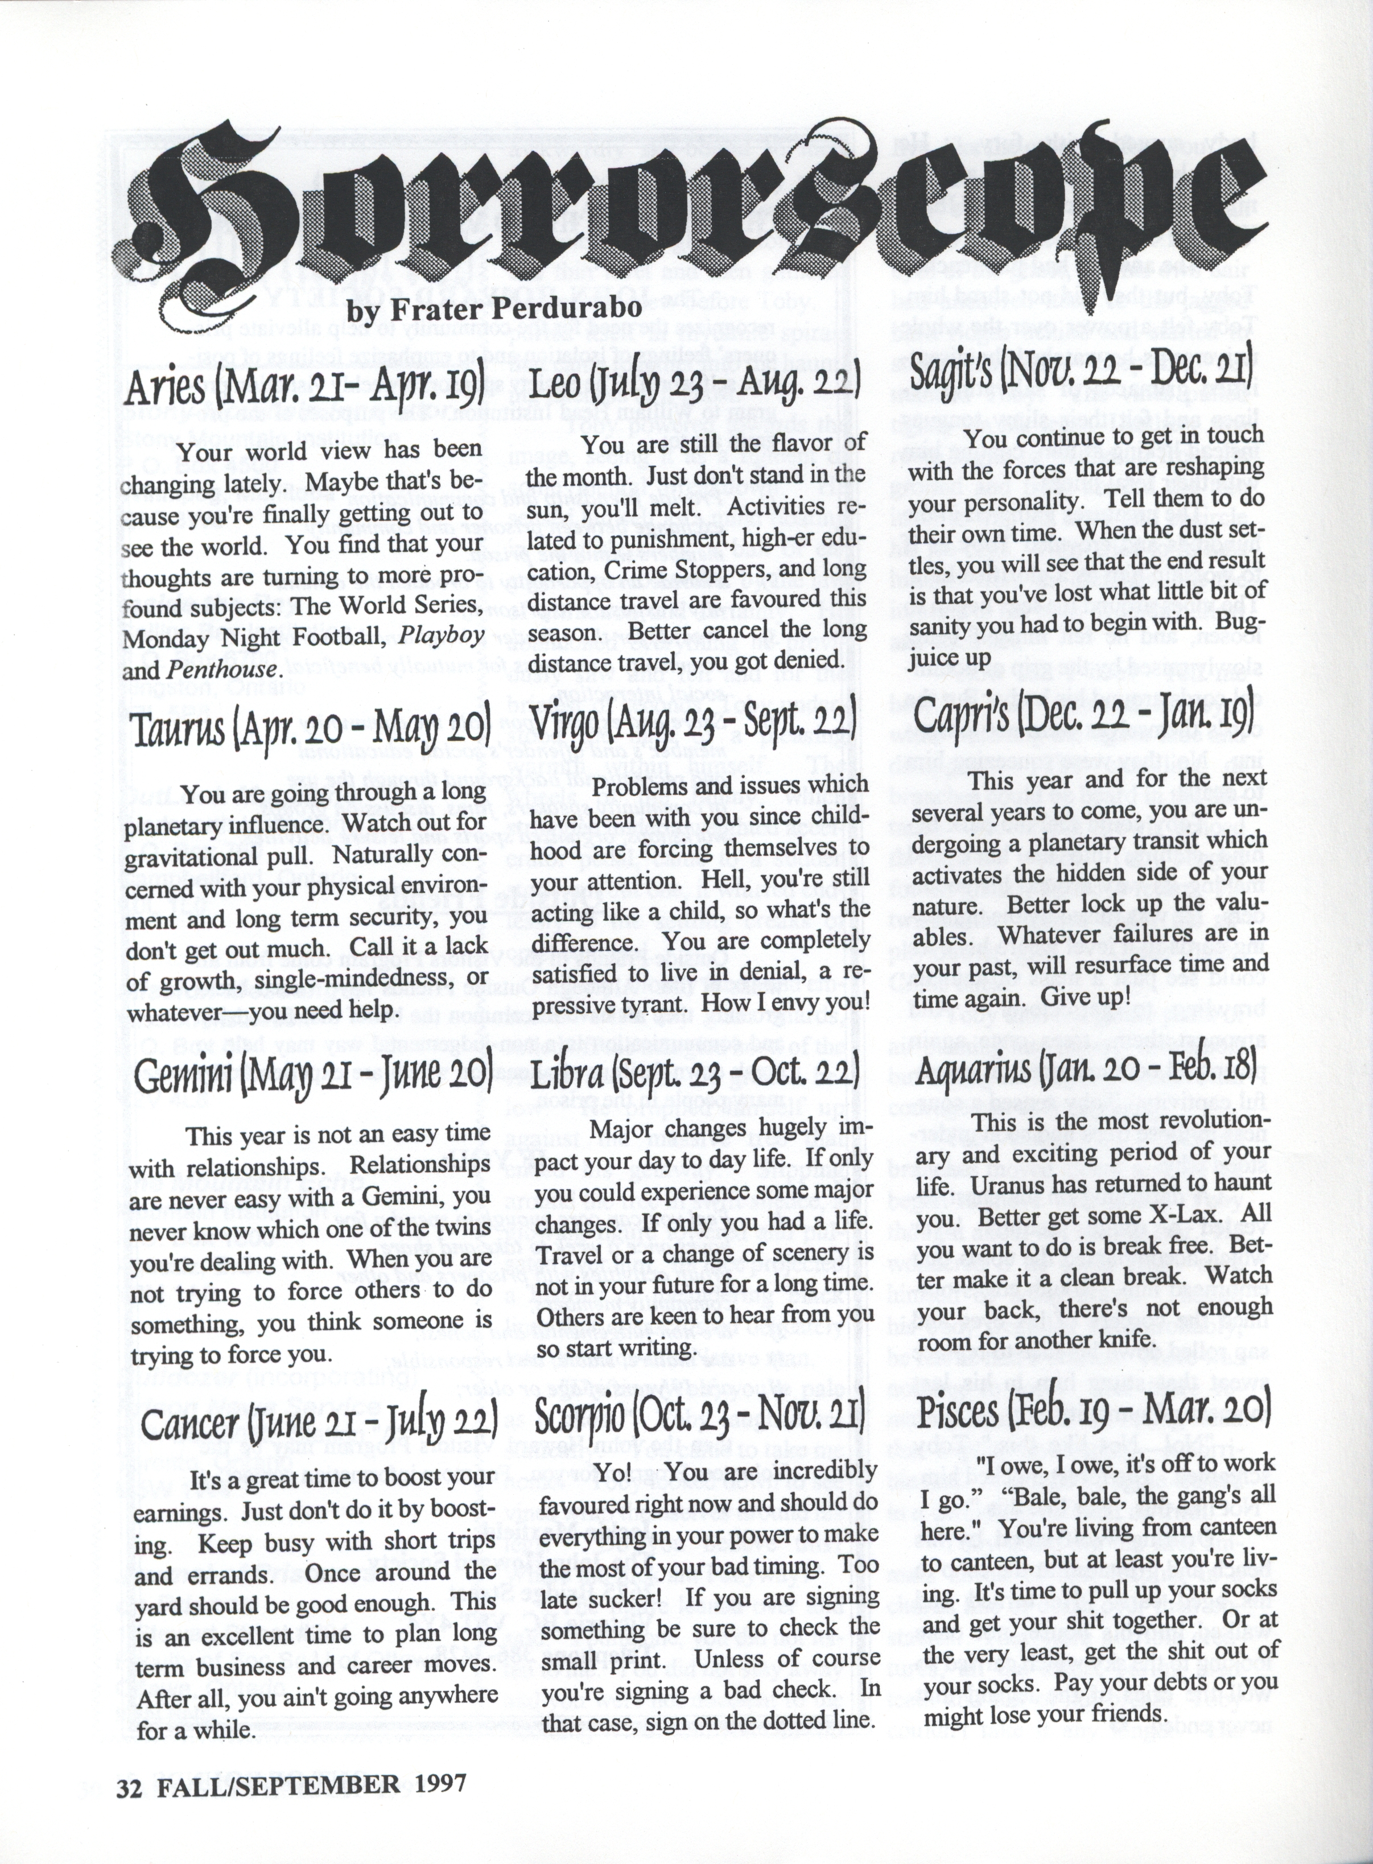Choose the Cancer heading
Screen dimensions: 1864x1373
point(318,1422)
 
